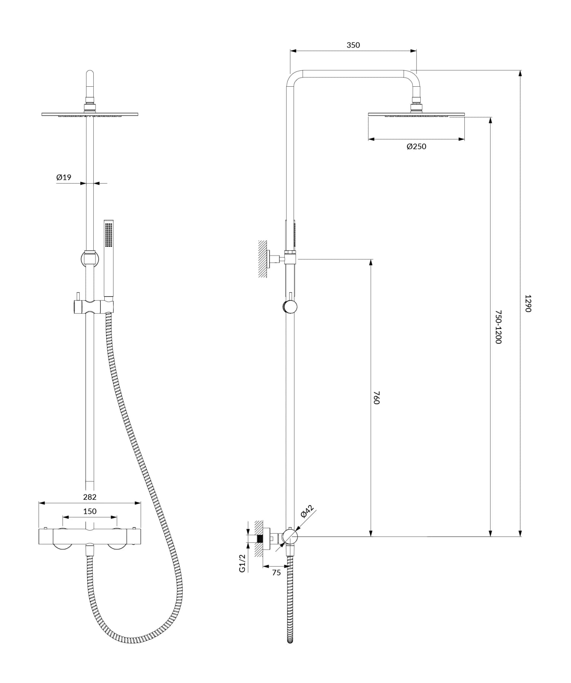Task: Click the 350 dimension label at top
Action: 353,45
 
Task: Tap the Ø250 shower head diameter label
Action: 416,147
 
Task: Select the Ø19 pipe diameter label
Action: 64,177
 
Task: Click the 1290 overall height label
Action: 528,303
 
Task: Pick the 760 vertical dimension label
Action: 376,397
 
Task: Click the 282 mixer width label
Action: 90,497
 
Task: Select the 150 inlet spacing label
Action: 90,511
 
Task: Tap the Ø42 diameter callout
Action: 306,511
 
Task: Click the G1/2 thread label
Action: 242,563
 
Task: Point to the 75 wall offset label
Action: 276,573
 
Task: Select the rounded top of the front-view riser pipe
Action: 90,73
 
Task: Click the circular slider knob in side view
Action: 290,307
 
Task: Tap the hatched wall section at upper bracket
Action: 262,259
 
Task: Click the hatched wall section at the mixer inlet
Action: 259,538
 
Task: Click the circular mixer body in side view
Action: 290,537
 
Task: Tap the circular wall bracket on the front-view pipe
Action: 90,259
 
